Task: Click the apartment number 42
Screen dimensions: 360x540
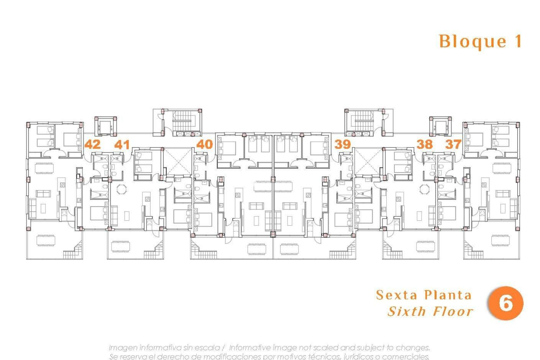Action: [93, 144]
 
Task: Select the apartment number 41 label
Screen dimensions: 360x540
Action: [122, 145]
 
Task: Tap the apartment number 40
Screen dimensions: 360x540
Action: [204, 144]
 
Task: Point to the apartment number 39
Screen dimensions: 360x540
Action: [342, 144]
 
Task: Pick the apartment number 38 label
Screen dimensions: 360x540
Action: [424, 144]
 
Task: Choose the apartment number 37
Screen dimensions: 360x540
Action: [453, 144]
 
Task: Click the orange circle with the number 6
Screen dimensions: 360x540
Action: [505, 303]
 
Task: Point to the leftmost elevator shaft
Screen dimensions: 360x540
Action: [105, 127]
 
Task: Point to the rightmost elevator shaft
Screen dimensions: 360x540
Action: [440, 127]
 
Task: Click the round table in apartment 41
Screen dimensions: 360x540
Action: [122, 189]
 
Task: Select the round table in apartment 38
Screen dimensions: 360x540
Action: [424, 189]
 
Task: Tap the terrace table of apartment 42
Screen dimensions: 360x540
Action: [46, 240]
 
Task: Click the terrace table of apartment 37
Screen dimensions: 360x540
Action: [500, 240]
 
